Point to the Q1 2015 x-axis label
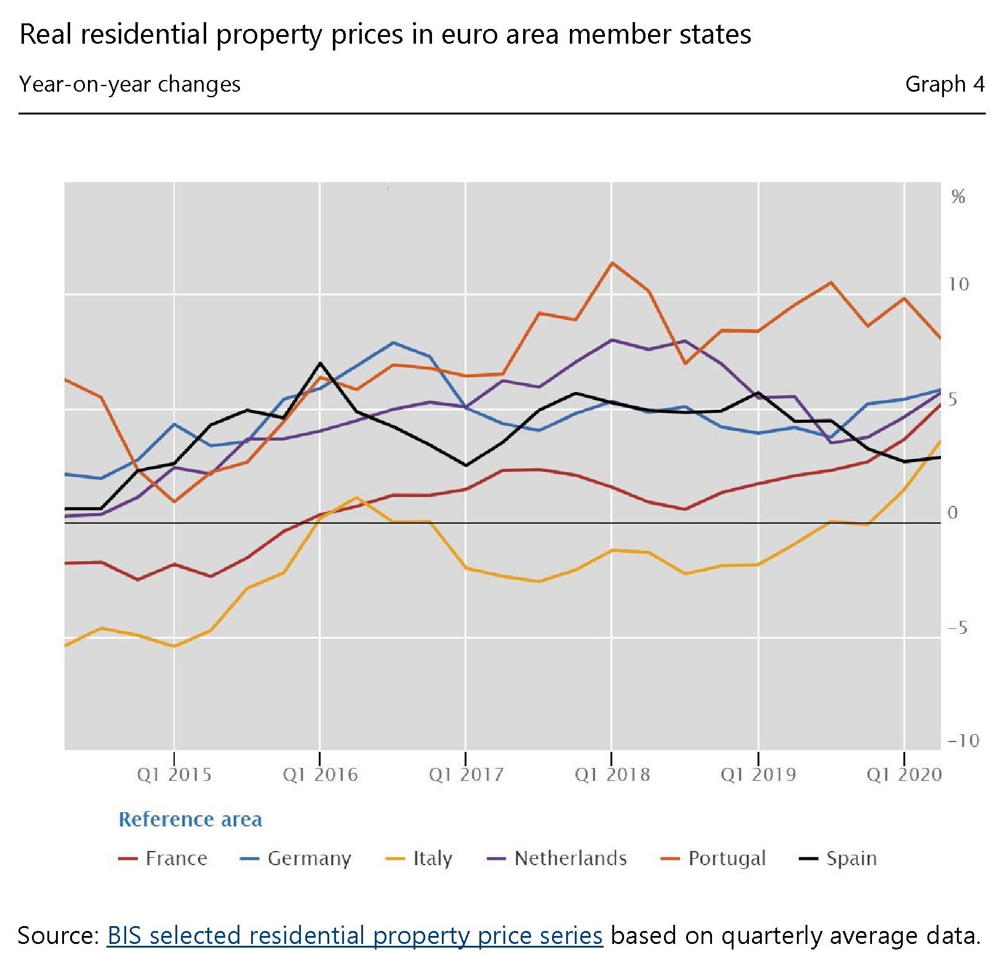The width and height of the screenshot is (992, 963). pos(174,774)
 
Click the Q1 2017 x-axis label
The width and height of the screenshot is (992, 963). pos(466,774)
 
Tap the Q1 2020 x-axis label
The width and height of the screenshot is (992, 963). pos(903,774)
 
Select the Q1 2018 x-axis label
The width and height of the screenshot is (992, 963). pos(612,774)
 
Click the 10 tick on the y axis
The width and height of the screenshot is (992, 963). pos(958,284)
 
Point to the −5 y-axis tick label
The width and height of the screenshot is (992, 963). pos(958,628)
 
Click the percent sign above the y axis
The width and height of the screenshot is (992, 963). pos(958,197)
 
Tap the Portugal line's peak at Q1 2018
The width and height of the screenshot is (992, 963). pos(612,263)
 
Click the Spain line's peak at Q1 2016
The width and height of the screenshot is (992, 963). pos(320,363)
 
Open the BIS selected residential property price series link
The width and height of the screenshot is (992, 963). pos(354,935)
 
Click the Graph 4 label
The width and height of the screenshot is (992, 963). pos(944,84)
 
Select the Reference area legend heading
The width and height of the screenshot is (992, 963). pos(190,820)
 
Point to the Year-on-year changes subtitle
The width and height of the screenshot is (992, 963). pos(130,84)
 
